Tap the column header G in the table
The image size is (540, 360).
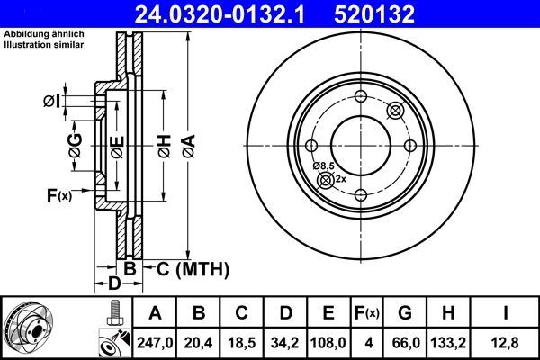[405, 313]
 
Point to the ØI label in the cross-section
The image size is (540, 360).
[53, 103]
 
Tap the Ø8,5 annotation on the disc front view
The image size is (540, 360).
[324, 166]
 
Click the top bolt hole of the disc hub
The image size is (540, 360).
[360, 97]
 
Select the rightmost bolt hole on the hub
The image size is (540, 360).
[409, 146]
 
